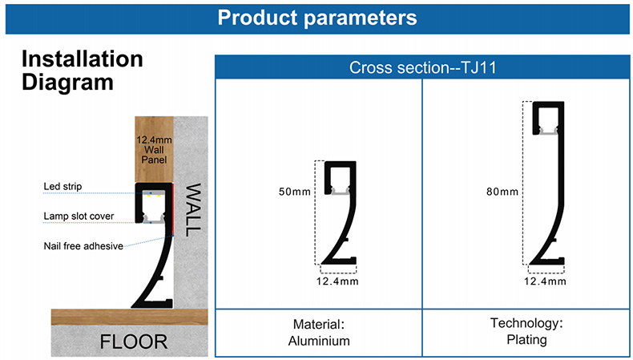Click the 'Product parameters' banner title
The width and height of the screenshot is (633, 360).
317,18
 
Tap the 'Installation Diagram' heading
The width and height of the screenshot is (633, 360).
83,71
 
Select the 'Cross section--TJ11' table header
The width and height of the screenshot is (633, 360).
422,67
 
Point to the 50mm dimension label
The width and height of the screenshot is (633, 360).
295,192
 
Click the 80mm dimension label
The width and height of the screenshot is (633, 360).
502,192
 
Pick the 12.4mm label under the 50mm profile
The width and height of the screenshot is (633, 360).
337,281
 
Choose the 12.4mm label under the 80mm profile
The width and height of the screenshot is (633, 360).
545,281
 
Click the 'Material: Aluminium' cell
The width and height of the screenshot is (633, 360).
319,333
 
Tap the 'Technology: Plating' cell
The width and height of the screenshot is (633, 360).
526,331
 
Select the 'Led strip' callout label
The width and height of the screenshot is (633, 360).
62,186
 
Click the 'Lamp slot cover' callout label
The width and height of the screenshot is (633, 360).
79,216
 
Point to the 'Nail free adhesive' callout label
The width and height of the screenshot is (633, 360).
83,246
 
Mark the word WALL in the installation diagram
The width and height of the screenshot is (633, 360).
192,210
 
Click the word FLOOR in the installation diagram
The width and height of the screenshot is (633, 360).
134,342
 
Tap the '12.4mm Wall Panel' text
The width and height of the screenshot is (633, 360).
154,150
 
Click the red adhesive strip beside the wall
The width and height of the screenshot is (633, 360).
173,209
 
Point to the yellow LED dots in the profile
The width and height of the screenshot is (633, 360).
154,196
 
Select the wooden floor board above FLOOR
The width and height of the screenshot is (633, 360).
130,318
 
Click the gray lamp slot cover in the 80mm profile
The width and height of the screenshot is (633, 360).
548,132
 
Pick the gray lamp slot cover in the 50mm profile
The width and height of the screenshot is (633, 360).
341,192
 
